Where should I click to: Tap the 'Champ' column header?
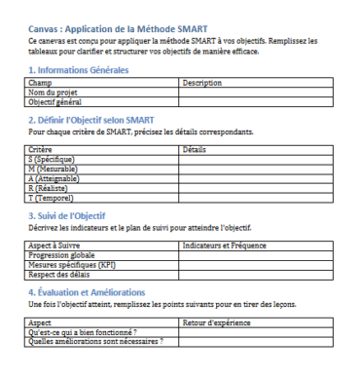tap(40, 84)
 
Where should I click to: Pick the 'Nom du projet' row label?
tap(53, 93)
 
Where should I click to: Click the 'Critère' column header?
tap(41, 148)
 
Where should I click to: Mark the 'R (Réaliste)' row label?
tap(50, 180)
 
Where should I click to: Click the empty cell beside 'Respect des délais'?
tap(264, 271)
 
